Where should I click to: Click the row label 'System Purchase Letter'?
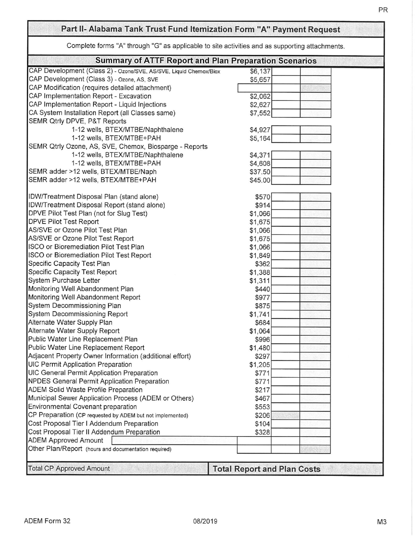click(64, 280)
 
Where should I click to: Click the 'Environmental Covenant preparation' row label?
click(82, 406)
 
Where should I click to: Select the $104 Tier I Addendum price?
click(264, 423)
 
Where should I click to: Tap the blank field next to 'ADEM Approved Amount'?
click(174, 440)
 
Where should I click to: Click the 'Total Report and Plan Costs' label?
click(266, 469)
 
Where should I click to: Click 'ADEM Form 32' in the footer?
click(47, 521)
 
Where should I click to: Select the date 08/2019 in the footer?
click(205, 521)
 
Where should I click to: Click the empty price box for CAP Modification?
click(254, 88)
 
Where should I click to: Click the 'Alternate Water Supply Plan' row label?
click(70, 322)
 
